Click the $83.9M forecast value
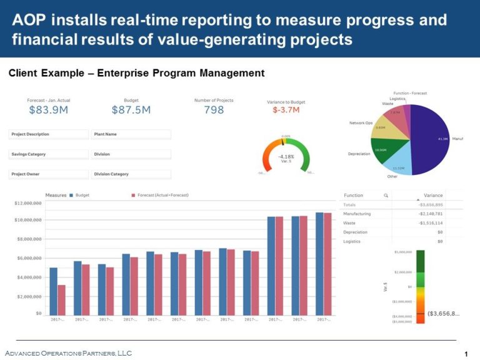(48, 111)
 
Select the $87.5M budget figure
(131, 111)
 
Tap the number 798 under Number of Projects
(214, 111)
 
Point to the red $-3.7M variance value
(286, 111)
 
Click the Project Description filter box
(49, 134)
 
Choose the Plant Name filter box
(131, 134)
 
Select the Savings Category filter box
(49, 154)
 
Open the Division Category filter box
(131, 174)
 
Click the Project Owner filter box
(49, 174)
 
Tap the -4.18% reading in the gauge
(286, 156)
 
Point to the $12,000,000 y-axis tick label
(28, 203)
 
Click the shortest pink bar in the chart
(61, 299)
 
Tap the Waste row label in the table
(349, 223)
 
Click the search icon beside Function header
(386, 196)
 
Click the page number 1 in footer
(466, 354)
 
